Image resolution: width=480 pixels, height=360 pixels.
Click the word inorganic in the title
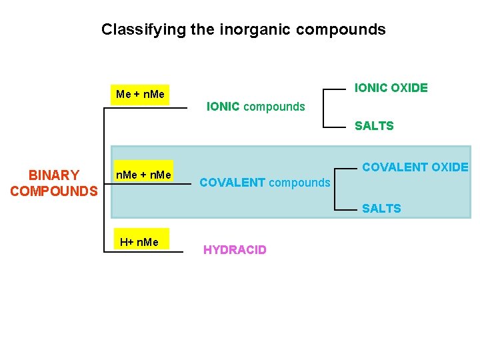pos(245,29)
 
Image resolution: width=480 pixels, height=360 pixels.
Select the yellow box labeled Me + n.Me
pos(140,94)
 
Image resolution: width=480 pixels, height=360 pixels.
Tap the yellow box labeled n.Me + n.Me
pos(143,175)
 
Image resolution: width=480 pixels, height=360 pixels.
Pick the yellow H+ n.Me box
pos(139,241)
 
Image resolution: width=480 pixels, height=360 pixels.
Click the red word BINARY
pos(54,175)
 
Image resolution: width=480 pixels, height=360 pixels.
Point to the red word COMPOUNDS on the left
pos(54,192)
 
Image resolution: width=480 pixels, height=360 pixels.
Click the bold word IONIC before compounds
pos(223,107)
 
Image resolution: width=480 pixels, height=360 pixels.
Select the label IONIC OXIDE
pos(391,88)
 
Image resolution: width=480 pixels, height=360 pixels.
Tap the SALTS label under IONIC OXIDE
pos(374,126)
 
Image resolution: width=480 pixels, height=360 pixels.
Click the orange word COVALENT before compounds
pos(232,182)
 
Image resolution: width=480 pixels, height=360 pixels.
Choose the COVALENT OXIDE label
pos(415,167)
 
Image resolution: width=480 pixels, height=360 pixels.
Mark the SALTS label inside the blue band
pos(381,209)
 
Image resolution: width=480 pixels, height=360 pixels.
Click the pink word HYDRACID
pos(235,250)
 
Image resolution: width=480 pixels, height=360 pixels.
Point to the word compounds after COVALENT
pos(299,182)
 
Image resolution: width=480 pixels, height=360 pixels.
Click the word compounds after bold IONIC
pos(274,107)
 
